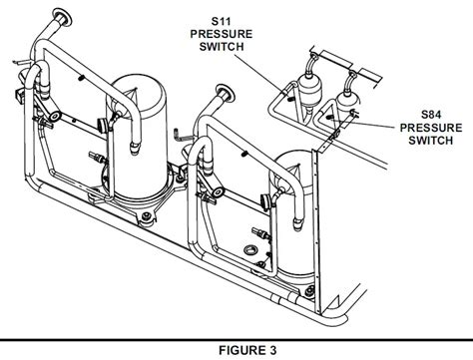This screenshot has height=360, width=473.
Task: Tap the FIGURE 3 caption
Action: tap(236, 348)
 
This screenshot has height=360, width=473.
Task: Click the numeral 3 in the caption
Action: tap(269, 348)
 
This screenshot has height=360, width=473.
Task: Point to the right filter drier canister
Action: tap(349, 99)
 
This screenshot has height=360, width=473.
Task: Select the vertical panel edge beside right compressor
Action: tap(317, 214)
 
